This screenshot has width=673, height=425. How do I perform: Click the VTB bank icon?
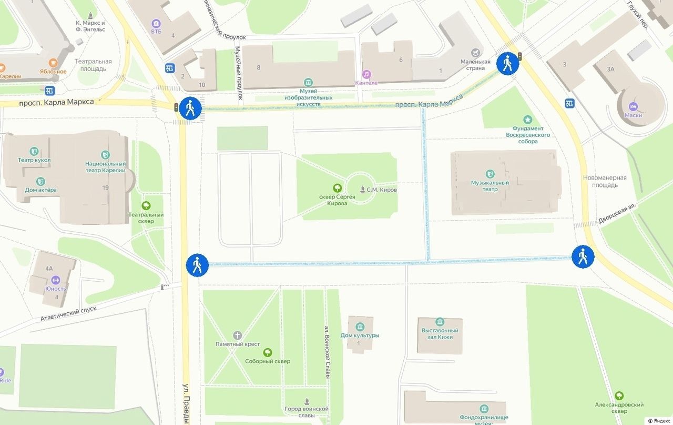(156, 23)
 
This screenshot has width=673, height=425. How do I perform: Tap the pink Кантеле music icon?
(366, 74)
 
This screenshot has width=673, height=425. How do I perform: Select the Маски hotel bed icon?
(633, 106)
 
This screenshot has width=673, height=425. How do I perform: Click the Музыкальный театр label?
(490, 186)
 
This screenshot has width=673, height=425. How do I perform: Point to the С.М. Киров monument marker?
(363, 189)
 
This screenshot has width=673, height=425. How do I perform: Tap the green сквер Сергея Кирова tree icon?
(337, 187)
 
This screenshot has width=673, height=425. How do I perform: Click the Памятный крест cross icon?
(238, 335)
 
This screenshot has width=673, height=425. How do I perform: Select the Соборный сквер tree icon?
(268, 352)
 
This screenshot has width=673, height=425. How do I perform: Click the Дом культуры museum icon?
(360, 326)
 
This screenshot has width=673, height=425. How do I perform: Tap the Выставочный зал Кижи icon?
(440, 322)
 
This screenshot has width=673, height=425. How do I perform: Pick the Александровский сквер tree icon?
(619, 396)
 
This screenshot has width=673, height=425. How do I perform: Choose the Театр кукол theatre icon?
(34, 151)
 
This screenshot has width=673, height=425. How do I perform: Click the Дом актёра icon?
(40, 181)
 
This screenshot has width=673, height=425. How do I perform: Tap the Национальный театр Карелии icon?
(106, 154)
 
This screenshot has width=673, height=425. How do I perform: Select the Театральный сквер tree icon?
(146, 205)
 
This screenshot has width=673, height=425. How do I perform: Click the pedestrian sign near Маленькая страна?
(507, 64)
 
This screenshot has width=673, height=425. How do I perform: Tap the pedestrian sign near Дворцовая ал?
(583, 256)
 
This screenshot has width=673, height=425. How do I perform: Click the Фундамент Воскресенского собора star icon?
(527, 120)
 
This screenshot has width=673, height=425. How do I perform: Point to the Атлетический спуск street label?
(69, 313)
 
